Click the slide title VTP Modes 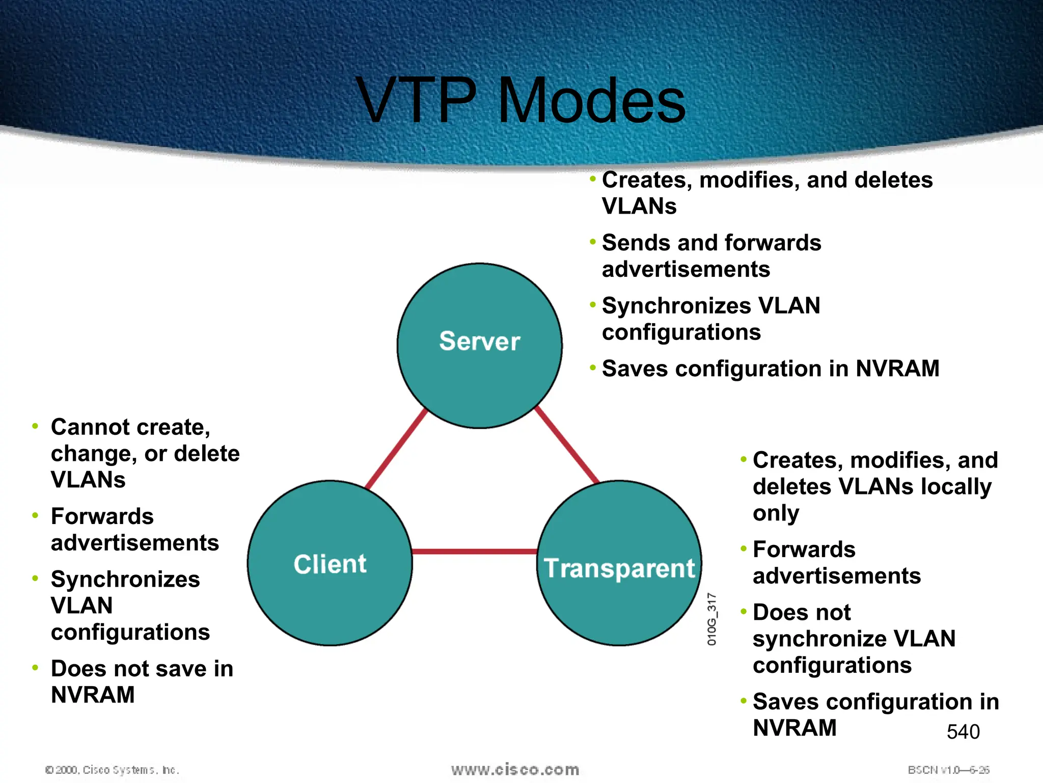point(521,100)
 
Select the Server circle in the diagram point(479,345)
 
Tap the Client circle point(330,563)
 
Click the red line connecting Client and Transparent point(474,552)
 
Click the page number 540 point(963,732)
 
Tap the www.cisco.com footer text point(515,770)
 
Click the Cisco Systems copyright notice point(112,770)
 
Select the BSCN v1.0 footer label point(948,770)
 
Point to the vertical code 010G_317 point(711,619)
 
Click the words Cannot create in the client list point(130,427)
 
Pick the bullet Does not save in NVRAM point(142,682)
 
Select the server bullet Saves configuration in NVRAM point(770,369)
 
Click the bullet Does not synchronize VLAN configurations point(854,639)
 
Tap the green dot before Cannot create point(35,426)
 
